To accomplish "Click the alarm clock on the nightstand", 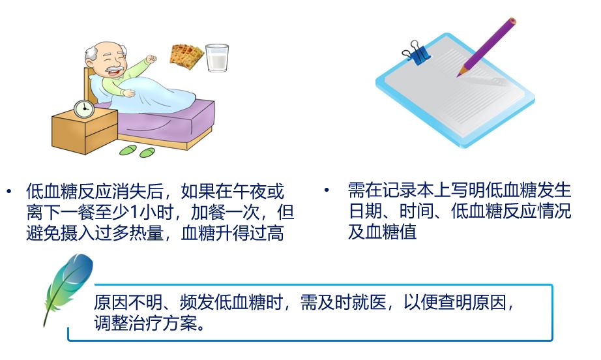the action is (x=83, y=109).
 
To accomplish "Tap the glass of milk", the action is (x=217, y=57).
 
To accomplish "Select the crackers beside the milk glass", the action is (x=186, y=57).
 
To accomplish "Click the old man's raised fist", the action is (x=151, y=59).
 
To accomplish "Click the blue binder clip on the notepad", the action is (x=417, y=53).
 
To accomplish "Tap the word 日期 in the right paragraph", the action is (x=366, y=211).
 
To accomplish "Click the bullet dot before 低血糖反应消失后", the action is (x=9, y=190).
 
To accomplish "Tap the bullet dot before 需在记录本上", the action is (x=327, y=190).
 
